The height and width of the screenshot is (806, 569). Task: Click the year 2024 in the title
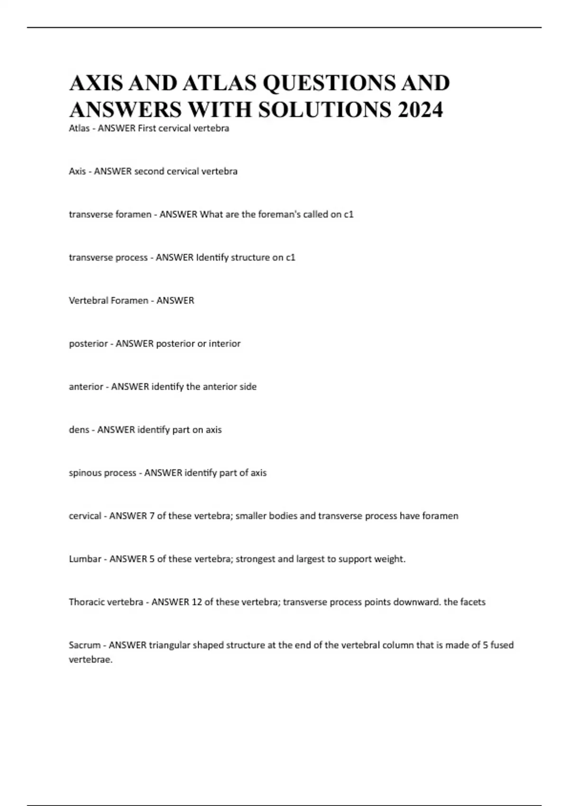(x=421, y=110)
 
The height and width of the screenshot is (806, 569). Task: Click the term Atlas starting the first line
(x=79, y=128)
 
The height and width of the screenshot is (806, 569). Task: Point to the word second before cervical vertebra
(x=148, y=171)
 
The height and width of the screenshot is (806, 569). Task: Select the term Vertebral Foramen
(x=108, y=301)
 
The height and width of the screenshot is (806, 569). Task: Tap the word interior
(x=225, y=344)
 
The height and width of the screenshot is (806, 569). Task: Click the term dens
(x=79, y=430)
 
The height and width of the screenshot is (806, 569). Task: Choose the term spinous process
(x=102, y=473)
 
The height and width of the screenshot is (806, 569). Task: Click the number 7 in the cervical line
(x=152, y=516)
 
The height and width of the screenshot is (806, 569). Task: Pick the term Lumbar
(x=85, y=559)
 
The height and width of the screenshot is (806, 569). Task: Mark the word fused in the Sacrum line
(x=502, y=645)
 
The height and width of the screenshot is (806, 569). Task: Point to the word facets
(x=473, y=602)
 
